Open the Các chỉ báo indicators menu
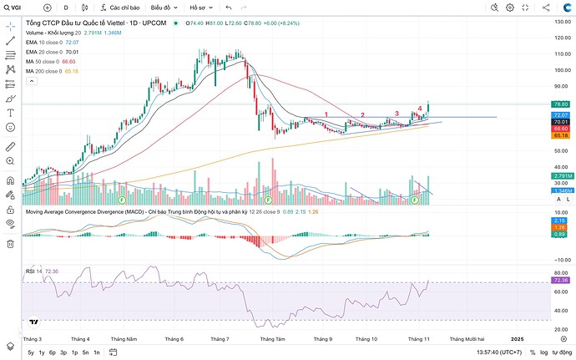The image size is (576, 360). (x=119, y=7)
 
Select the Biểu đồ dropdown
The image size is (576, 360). (x=164, y=7)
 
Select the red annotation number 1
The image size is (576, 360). (x=326, y=114)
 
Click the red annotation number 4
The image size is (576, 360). (x=419, y=109)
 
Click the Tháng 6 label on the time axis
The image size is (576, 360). (x=174, y=338)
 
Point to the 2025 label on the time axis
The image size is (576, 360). (x=517, y=338)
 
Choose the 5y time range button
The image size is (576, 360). (x=31, y=352)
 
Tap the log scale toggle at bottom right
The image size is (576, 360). (x=544, y=352)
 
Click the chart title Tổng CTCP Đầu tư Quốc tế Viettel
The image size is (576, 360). (x=83, y=23)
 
